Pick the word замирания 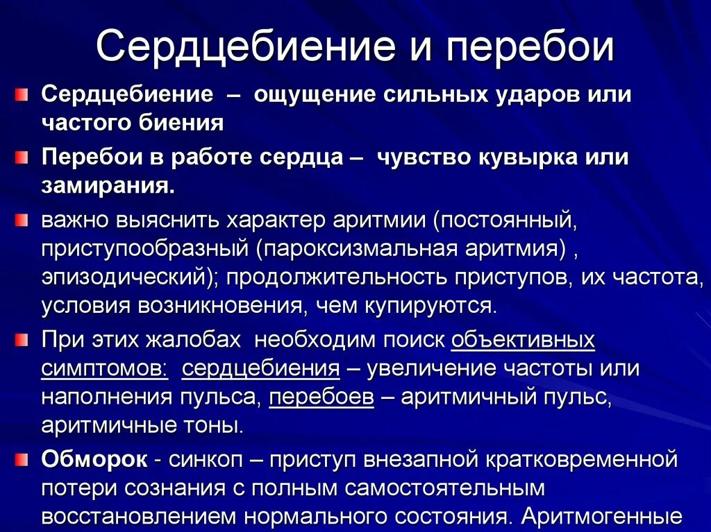(108, 187)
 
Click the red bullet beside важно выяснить (22, 220)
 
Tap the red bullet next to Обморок (22, 458)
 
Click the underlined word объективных (523, 340)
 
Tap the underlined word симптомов (104, 368)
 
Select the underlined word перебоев (321, 397)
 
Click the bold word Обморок (94, 458)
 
